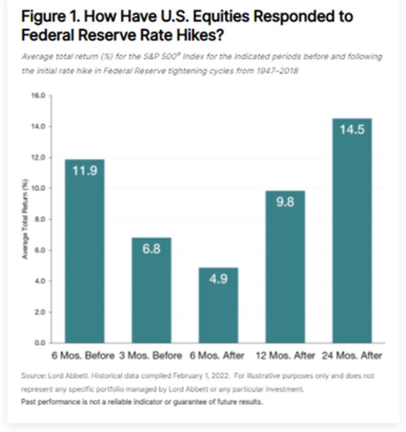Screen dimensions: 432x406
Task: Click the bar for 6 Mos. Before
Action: coord(84,254)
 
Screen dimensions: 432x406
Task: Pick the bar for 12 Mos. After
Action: coord(285,269)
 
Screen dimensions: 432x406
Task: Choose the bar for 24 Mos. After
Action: coord(352,233)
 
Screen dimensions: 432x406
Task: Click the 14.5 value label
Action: coord(352,129)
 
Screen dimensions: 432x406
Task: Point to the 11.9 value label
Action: coord(84,170)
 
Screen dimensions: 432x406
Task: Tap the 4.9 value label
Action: coord(218,279)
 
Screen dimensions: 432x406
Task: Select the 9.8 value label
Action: coord(285,202)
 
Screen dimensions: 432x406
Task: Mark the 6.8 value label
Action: coord(151,249)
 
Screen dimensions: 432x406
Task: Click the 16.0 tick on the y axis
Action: coord(39,95)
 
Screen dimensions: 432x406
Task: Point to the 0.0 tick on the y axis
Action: coord(40,343)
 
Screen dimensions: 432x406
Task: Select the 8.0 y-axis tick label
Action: coord(40,219)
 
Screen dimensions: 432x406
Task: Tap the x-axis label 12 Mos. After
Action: coord(285,355)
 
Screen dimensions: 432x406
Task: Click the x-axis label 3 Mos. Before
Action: coord(150,355)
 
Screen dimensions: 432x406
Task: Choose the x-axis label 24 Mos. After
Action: coord(352,355)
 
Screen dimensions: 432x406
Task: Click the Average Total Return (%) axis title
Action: coord(25,219)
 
